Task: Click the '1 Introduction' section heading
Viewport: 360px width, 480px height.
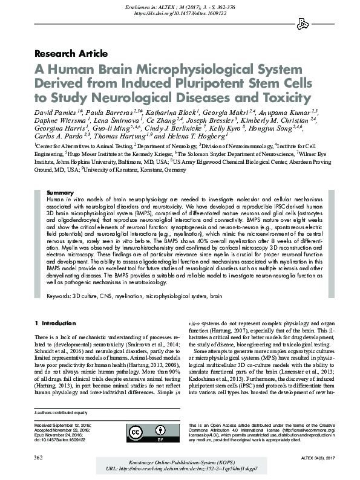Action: tap(56, 324)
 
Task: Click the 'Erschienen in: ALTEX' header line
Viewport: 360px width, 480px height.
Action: tap(180, 5)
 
